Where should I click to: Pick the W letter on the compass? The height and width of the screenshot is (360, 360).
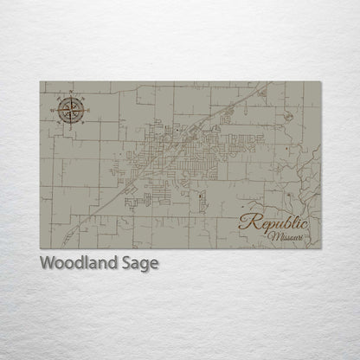[x=55, y=109]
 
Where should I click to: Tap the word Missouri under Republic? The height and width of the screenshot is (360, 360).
[x=285, y=235]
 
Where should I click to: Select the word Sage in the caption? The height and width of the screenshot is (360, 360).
[x=140, y=264]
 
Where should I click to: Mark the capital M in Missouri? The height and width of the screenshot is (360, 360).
[x=272, y=235]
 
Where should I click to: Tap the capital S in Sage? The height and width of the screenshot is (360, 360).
[x=127, y=263]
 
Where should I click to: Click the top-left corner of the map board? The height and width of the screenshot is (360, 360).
[x=40, y=82]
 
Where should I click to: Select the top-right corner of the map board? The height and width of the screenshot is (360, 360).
[x=321, y=82]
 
